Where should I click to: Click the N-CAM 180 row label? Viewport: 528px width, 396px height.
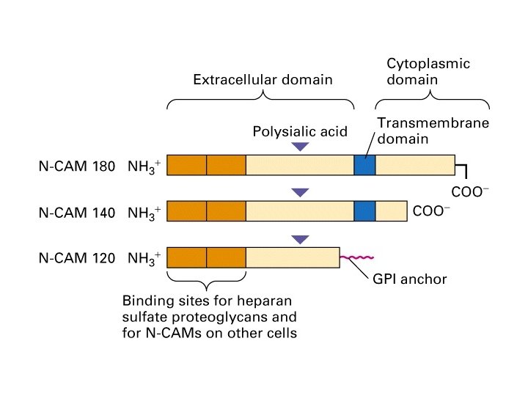click(77, 166)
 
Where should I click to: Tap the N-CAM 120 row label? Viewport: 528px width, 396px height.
click(77, 259)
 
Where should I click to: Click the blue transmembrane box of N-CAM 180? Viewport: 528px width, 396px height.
click(364, 166)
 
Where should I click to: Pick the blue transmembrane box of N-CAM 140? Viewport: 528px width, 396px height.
click(364, 211)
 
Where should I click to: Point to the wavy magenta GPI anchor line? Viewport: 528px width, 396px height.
click(357, 257)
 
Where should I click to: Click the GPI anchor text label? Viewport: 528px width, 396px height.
click(406, 279)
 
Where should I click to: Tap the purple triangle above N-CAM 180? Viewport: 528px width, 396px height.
click(300, 147)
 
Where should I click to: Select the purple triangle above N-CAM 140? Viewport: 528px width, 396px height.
click(300, 193)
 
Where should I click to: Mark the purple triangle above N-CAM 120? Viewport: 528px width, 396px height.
click(300, 239)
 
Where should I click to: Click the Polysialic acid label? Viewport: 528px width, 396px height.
click(300, 132)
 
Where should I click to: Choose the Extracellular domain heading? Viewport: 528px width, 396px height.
click(263, 79)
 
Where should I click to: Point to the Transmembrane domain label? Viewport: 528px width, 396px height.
click(433, 131)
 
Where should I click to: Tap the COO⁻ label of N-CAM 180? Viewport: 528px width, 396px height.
click(469, 194)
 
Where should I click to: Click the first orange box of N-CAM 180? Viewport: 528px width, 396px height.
click(187, 166)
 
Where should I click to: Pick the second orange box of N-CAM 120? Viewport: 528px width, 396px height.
click(226, 257)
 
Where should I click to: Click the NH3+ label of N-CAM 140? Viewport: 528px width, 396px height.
click(144, 213)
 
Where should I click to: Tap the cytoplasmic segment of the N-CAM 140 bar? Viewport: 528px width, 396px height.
click(391, 211)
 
